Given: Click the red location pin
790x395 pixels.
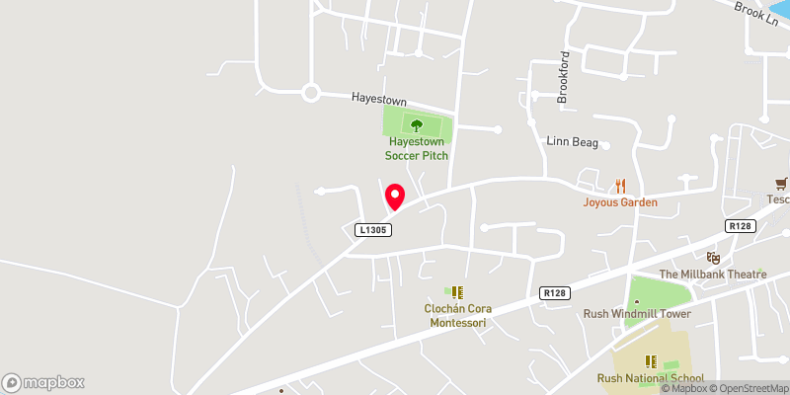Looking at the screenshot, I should pyautogui.click(x=394, y=196).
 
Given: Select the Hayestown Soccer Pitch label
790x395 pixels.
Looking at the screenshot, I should pyautogui.click(x=417, y=149).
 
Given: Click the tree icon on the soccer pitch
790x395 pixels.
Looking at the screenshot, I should pyautogui.click(x=417, y=125).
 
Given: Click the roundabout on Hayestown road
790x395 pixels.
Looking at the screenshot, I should pyautogui.click(x=312, y=94).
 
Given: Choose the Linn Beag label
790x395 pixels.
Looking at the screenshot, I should pyautogui.click(x=574, y=142).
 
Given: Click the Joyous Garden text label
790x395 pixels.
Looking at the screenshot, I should pyautogui.click(x=620, y=202).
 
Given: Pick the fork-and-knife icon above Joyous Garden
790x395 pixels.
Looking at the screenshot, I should pyautogui.click(x=620, y=185).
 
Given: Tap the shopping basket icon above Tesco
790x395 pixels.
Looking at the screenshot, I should pyautogui.click(x=782, y=183).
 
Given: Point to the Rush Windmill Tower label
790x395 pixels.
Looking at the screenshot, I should pyautogui.click(x=636, y=314).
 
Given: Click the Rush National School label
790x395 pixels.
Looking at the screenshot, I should pyautogui.click(x=651, y=378).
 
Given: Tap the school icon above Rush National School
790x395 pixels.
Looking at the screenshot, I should pyautogui.click(x=651, y=361).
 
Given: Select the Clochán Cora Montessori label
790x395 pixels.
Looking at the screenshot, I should pyautogui.click(x=457, y=315).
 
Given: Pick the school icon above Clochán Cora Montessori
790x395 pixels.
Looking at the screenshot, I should pyautogui.click(x=457, y=291).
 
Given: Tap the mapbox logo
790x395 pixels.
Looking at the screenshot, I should pyautogui.click(x=43, y=382).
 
